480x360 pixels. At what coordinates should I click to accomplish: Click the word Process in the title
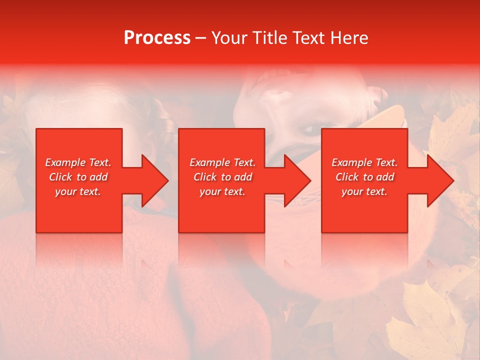click(157, 38)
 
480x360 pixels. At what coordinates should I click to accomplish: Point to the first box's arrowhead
click(155, 181)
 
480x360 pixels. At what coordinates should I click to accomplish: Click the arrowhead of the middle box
click(298, 181)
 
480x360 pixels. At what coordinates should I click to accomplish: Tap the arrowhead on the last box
click(440, 181)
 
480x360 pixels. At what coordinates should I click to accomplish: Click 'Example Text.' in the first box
click(78, 162)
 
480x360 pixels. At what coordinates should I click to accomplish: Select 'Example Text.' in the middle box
click(222, 162)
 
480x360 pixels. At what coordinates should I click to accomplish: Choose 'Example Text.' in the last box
click(364, 162)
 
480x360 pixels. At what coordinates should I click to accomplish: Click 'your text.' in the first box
click(78, 191)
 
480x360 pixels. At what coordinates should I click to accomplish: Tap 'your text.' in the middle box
click(222, 191)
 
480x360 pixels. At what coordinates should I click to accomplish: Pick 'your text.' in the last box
click(364, 191)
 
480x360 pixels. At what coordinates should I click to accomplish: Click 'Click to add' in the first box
click(78, 177)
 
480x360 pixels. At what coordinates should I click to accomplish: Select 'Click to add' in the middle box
click(222, 177)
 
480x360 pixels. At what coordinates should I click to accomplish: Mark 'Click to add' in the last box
click(364, 177)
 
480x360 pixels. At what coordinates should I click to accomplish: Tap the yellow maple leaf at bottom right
click(425, 320)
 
